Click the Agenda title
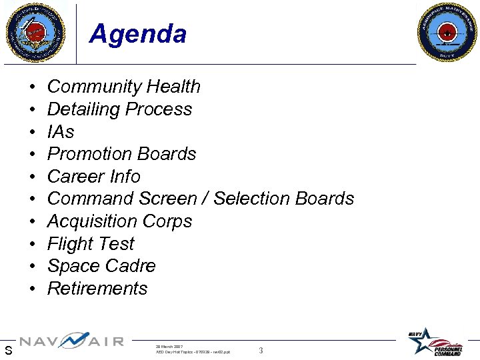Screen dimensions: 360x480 pyautogui.click(x=137, y=33)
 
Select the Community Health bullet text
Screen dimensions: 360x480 pyautogui.click(x=123, y=87)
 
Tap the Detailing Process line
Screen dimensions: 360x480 pyautogui.click(x=119, y=109)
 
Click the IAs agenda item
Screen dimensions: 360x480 pyautogui.click(x=61, y=131)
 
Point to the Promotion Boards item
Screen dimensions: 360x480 pyautogui.click(x=121, y=154)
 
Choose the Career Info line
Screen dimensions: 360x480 pyautogui.click(x=93, y=177)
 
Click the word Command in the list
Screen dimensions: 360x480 pyautogui.click(x=91, y=199)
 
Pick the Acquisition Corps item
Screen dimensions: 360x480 pyautogui.click(x=119, y=221)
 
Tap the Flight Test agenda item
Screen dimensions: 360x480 pyautogui.click(x=91, y=244)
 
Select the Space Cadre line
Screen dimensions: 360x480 pyautogui.click(x=101, y=266)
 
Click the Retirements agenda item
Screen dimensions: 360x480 pyautogui.click(x=97, y=289)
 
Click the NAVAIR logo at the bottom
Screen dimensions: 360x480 pyautogui.click(x=71, y=341)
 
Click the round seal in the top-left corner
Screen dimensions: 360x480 pyautogui.click(x=35, y=31)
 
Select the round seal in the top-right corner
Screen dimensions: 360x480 pyautogui.click(x=447, y=31)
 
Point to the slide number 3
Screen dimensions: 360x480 pyautogui.click(x=261, y=351)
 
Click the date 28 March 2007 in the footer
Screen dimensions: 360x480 pyautogui.click(x=169, y=347)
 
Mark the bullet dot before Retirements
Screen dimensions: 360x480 pyautogui.click(x=32, y=289)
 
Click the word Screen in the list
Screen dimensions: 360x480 pyautogui.click(x=169, y=199)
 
